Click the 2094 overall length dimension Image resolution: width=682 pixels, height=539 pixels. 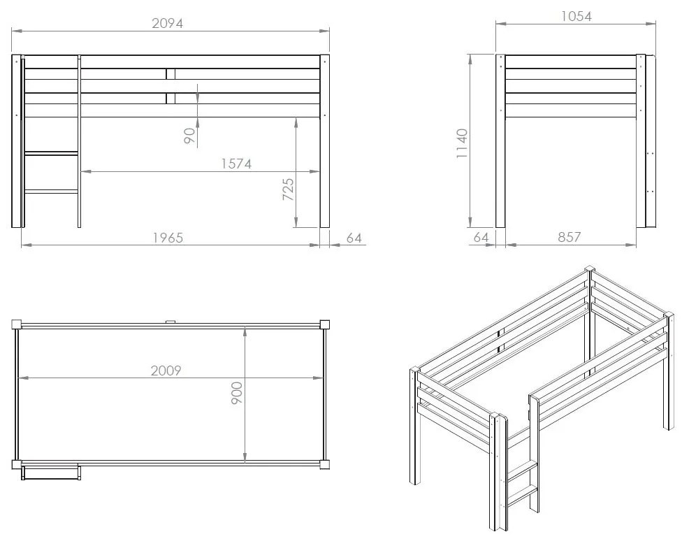pyautogui.click(x=168, y=23)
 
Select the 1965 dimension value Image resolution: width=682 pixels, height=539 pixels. pyautogui.click(x=168, y=238)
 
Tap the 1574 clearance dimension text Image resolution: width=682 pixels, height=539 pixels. pyautogui.click(x=236, y=164)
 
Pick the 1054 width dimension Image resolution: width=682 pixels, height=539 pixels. pyautogui.click(x=576, y=16)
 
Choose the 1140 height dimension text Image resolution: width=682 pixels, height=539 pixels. pyautogui.click(x=462, y=143)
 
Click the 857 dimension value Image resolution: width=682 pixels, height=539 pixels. pyautogui.click(x=569, y=238)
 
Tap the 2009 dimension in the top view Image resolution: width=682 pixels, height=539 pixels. pyautogui.click(x=166, y=371)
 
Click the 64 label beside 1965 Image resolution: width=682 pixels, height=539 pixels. pyautogui.click(x=354, y=238)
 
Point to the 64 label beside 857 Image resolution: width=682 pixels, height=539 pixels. pyautogui.click(x=481, y=238)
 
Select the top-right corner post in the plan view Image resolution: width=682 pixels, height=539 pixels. pyautogui.click(x=325, y=324)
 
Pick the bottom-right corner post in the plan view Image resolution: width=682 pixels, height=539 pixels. pyautogui.click(x=325, y=464)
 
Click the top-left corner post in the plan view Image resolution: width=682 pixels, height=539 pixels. pyautogui.click(x=16, y=324)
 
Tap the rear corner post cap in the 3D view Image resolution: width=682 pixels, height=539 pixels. pyautogui.click(x=589, y=268)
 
